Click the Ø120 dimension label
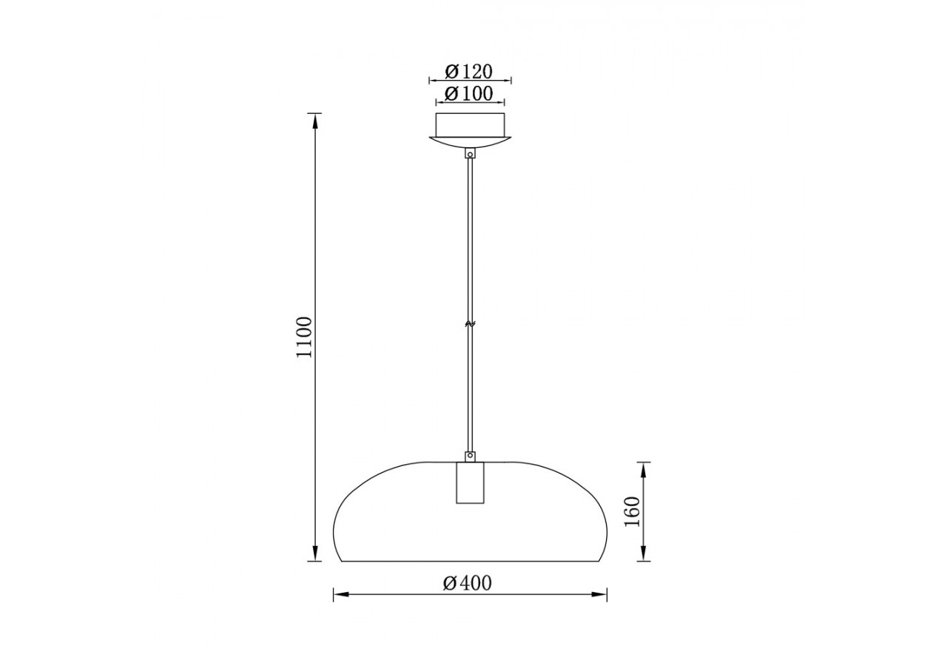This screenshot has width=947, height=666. pos(469,72)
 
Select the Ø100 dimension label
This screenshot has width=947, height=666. pos(469,94)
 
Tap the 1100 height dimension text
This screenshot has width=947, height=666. pos(304,337)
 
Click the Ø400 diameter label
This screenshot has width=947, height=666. pos(468,583)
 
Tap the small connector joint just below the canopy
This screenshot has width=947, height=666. pos(470,154)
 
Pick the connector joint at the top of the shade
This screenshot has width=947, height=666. pos(470,457)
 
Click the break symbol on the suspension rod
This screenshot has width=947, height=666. pos(470,323)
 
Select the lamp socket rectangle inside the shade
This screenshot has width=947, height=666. pos(470,483)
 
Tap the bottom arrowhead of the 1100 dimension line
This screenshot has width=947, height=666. pos(316,554)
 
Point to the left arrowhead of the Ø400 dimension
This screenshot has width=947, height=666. pos(340,594)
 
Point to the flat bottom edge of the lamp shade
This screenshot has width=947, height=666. pos(470,561)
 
